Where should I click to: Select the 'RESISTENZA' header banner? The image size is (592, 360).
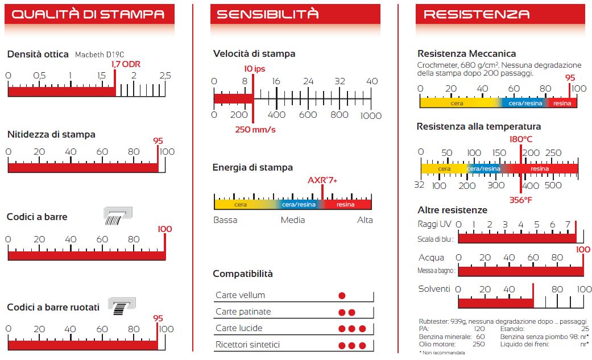[477, 15]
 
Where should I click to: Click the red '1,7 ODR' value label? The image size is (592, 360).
[125, 64]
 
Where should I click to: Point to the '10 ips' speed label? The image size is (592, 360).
[255, 69]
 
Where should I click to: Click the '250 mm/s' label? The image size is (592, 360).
[255, 130]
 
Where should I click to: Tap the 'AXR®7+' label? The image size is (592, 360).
[322, 180]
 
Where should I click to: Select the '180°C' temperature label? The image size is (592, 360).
[520, 139]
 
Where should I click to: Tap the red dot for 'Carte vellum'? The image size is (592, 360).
[342, 296]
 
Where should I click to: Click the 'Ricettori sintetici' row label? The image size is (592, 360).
[247, 345]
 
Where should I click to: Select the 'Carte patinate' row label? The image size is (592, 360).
[243, 312]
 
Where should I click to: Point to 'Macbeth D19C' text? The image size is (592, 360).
[100, 55]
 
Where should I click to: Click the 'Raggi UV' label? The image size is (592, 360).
[435, 224]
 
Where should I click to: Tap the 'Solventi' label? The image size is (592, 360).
[434, 289]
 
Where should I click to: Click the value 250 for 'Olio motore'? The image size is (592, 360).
[478, 344]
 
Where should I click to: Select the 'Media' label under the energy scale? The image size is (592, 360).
[293, 220]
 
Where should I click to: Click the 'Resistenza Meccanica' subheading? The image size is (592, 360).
[466, 53]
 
